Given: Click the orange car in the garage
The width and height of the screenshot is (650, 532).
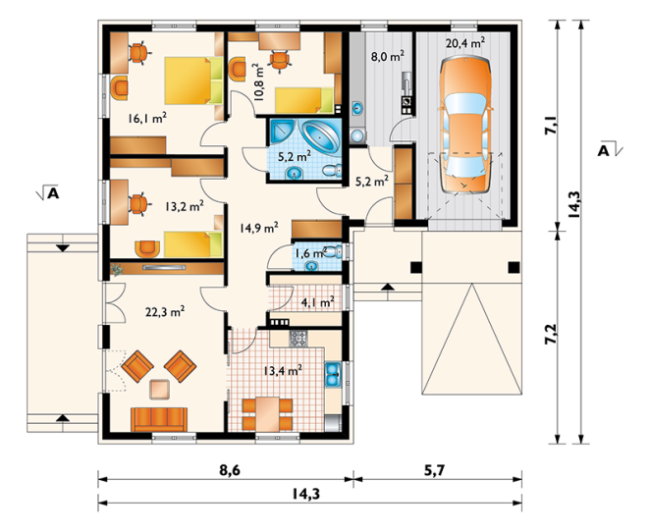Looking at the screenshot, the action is click(464, 126).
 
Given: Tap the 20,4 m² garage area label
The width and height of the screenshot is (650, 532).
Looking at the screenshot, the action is click(465, 42).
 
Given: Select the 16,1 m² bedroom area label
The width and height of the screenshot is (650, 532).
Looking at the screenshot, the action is click(147, 119).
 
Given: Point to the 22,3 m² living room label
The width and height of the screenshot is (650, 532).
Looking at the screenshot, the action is click(165, 311).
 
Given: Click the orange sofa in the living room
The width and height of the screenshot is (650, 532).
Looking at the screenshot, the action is click(159, 419).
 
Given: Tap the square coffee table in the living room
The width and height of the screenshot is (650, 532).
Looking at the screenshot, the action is click(159, 390).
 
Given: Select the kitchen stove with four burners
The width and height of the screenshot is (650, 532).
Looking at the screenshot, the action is click(298, 338).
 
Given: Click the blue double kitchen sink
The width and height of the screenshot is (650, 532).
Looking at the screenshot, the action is click(333, 374).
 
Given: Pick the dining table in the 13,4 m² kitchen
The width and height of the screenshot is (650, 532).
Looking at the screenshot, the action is click(267, 414).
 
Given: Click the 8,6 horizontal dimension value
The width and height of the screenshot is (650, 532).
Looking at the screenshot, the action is click(230, 471).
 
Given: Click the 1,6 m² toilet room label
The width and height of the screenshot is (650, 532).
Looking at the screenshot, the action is click(310, 252).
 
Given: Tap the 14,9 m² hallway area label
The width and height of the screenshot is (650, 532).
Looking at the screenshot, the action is click(258, 228).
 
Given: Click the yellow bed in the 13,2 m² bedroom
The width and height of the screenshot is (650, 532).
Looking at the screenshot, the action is click(193, 244).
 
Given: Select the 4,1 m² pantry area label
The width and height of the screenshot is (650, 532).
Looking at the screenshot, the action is click(318, 302).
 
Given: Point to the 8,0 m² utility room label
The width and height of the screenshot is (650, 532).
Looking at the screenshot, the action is click(387, 56).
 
